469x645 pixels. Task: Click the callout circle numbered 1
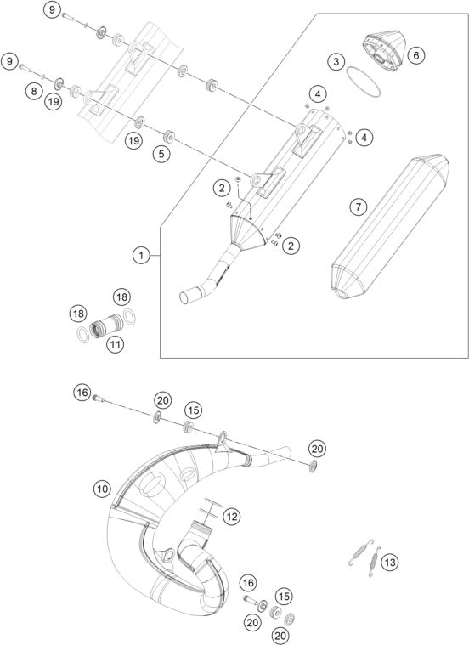[x=141, y=256]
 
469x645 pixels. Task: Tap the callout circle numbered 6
[x=416, y=55]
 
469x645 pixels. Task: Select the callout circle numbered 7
[x=358, y=207]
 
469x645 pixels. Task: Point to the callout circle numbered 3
[x=336, y=62]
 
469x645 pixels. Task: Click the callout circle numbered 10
[x=102, y=489]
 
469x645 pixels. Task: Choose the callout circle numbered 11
[x=115, y=344]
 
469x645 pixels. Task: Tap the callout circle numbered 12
[x=232, y=516]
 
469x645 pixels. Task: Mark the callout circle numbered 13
[x=390, y=562]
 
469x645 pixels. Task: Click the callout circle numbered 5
[x=161, y=154]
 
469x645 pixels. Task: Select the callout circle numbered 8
[x=34, y=90]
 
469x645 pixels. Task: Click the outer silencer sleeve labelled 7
[x=390, y=227]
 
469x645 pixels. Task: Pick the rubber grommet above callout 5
[x=168, y=136]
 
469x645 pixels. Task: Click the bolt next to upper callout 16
[x=99, y=398]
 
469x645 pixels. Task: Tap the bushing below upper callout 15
[x=189, y=427]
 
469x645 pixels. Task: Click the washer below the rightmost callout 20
[x=314, y=467]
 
